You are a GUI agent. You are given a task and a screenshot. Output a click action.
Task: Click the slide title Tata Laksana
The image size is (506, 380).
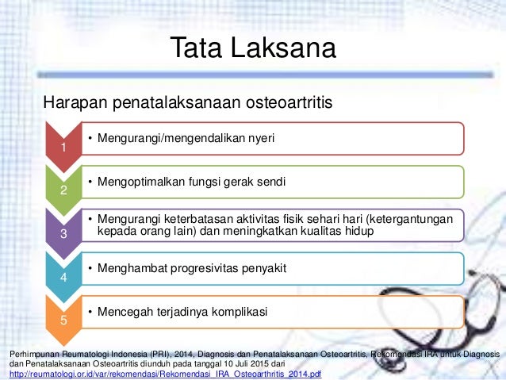click(253, 49)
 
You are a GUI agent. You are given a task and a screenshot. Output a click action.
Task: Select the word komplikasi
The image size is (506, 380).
click(238, 311)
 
